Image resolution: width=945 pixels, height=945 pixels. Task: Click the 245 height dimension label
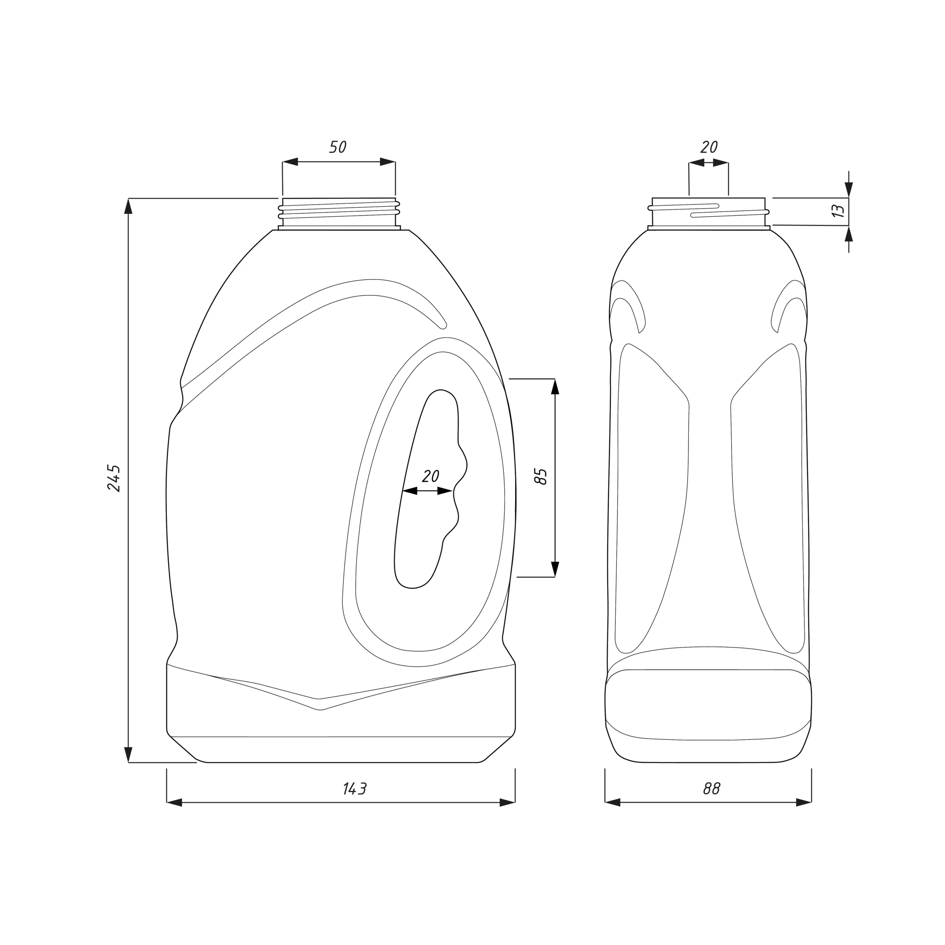113,478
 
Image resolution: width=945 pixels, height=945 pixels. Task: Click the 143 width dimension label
355,788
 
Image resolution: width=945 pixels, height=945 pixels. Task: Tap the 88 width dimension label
712,788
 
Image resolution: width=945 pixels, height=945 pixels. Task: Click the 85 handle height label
541,476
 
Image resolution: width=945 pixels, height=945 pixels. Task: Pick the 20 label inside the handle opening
430,476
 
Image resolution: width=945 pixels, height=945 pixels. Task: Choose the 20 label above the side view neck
709,147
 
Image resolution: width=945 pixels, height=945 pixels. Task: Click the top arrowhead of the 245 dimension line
128,206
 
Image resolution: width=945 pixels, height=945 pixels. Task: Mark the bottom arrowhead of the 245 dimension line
128,754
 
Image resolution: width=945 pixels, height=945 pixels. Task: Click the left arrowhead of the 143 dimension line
174,803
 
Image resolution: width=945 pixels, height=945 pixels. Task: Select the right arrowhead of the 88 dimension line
804,803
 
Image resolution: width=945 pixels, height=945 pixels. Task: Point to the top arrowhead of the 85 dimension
555,386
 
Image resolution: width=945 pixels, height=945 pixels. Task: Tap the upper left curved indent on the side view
628,305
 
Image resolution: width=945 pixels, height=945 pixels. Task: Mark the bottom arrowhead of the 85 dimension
555,569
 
